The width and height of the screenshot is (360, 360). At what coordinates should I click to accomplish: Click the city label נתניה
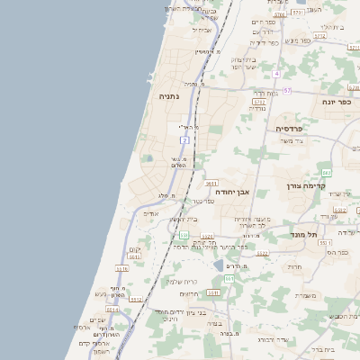[169, 95]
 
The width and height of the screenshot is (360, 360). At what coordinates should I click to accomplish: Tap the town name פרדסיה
[294, 128]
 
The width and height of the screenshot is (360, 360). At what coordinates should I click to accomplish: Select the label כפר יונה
[335, 103]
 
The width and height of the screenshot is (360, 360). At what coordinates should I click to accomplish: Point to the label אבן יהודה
[230, 192]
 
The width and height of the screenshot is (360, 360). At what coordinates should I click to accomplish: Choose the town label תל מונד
[305, 234]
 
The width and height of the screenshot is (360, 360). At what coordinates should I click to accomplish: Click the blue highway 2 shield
[184, 140]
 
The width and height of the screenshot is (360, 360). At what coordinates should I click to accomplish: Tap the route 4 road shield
[277, 74]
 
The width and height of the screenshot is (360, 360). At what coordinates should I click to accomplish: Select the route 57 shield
[287, 91]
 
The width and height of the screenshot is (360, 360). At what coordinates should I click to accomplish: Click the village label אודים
[150, 214]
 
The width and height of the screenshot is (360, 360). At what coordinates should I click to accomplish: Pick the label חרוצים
[188, 293]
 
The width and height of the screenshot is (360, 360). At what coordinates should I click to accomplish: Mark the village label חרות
[294, 267]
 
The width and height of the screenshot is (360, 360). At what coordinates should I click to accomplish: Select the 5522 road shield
[263, 254]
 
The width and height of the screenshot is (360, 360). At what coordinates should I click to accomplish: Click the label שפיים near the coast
[97, 320]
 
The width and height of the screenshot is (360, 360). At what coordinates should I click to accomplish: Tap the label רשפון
[99, 351]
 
